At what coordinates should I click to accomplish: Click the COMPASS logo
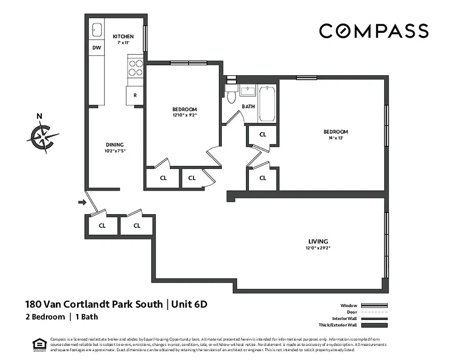coord(373,31)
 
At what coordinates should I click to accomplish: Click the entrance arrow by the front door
coord(82,202)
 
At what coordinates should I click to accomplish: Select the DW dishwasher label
coord(96,48)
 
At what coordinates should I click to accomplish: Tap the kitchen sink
coord(96,29)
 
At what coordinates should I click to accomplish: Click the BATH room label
coord(248,107)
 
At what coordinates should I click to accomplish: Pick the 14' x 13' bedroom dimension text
coord(335,138)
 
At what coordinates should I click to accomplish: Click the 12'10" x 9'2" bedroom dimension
coord(185,115)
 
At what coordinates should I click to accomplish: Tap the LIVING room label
coord(318,241)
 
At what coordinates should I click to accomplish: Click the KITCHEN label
coord(123,36)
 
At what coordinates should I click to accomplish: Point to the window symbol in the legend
coord(375,306)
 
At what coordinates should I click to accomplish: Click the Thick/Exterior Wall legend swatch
coord(375,325)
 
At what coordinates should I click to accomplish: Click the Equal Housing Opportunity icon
coord(40,344)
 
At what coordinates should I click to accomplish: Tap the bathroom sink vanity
coord(248,91)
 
